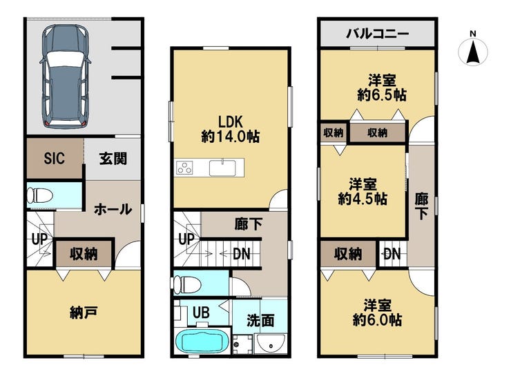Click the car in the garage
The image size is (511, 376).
(65, 77)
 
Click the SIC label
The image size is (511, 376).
(54, 158)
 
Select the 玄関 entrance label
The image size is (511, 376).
(113, 159)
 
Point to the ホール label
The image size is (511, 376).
(113, 209)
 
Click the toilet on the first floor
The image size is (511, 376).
(40, 196)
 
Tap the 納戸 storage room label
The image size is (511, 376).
(84, 313)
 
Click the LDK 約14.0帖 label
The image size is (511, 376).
(231, 129)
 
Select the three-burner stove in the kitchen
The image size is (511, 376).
(184, 168)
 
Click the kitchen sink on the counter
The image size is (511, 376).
(222, 168)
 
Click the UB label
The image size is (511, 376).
(201, 313)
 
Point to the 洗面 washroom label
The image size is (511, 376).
(260, 320)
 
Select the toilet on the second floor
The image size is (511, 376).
(186, 284)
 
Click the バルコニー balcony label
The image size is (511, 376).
(378, 34)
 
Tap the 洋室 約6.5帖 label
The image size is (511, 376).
(382, 88)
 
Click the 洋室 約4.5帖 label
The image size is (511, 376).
(363, 191)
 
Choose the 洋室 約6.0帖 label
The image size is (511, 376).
(378, 313)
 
